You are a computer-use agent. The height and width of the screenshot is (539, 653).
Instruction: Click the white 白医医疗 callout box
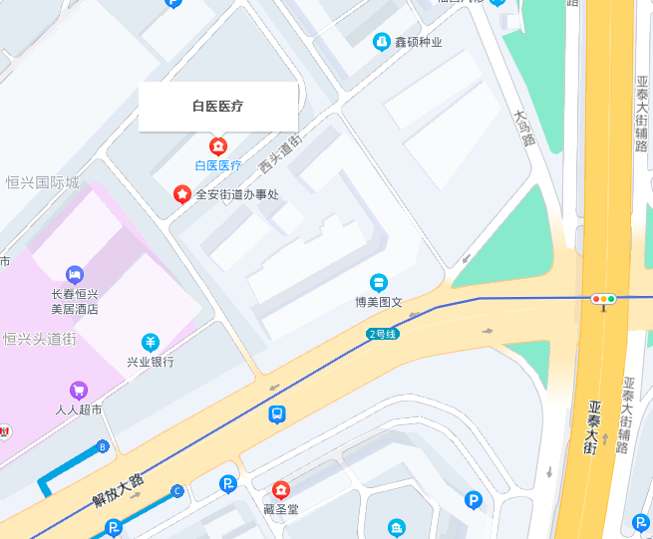coord(218,106)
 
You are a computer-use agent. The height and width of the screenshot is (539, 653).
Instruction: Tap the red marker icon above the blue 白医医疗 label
coord(218,146)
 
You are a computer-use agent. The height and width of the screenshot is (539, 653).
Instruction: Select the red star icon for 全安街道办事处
coord(182,194)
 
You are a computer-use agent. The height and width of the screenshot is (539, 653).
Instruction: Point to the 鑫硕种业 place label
coord(418,42)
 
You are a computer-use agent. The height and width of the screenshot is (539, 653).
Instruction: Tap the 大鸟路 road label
coord(522,128)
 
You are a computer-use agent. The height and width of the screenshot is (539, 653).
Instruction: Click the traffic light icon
coord(603,298)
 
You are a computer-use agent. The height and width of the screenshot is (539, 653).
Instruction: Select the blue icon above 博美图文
coord(379,283)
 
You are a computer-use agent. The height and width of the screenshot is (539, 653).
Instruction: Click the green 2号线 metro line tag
coord(383,334)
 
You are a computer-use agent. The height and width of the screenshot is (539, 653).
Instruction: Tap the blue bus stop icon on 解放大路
coord(277,413)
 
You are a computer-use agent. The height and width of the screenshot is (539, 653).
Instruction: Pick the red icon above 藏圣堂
coord(281,490)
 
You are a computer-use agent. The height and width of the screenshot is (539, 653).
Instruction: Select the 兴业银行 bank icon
coord(150,343)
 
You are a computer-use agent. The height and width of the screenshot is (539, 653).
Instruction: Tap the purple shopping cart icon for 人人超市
coord(79,391)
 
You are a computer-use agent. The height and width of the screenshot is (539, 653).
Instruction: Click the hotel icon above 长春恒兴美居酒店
coord(75,274)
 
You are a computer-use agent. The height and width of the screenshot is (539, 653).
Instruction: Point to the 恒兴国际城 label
coord(42,182)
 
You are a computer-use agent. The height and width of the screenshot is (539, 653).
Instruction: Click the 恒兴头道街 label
coord(40,340)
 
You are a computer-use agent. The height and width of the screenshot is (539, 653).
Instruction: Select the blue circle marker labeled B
coord(102,447)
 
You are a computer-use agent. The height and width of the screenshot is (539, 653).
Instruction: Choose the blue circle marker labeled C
coord(177,490)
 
